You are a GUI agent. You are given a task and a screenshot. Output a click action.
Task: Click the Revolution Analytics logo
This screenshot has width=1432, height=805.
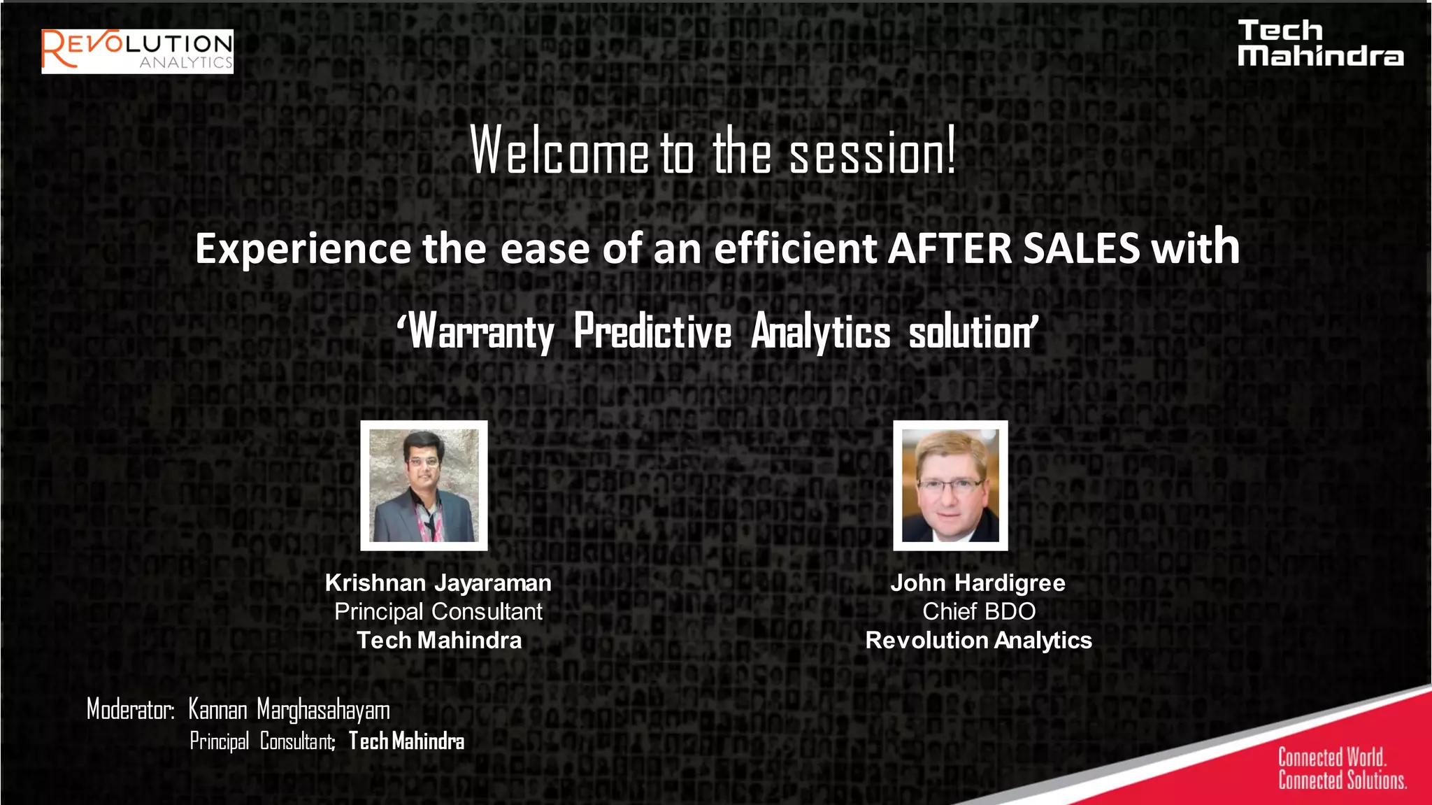[x=137, y=51]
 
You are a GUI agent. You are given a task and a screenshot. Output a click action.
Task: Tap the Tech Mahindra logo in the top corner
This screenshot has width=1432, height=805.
[x=1319, y=43]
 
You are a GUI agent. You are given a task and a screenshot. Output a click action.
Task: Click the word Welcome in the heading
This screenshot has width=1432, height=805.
[x=559, y=151]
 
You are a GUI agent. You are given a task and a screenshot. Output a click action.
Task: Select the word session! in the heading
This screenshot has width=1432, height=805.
[x=872, y=152]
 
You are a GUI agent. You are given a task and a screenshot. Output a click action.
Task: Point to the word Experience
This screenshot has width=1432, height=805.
[x=303, y=249]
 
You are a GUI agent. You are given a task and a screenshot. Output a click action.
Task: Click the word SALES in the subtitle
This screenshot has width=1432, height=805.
[x=1081, y=249]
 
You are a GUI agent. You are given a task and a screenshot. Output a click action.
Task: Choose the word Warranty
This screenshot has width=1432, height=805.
[x=482, y=332]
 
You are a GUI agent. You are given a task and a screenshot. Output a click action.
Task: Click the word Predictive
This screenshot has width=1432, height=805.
[x=652, y=332]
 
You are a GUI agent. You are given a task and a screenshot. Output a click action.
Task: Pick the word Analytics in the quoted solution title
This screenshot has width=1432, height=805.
[x=821, y=332]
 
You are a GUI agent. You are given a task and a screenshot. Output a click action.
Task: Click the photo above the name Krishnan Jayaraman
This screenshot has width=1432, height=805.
[x=424, y=485]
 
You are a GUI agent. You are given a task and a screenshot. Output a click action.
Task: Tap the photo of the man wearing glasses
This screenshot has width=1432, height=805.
[x=950, y=485]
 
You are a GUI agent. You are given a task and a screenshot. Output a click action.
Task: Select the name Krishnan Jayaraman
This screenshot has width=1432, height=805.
[x=438, y=583]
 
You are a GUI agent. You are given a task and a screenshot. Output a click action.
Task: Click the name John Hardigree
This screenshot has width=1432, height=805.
[x=978, y=583]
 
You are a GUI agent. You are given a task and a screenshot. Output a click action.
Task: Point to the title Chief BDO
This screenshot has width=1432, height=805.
[x=978, y=611]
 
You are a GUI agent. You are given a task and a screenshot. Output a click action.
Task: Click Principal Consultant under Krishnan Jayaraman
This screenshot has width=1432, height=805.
[x=438, y=611]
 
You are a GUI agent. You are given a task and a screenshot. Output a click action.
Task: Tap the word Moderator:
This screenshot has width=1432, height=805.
[x=130, y=709]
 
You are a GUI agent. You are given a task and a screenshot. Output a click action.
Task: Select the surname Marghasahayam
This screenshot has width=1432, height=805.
[x=323, y=710]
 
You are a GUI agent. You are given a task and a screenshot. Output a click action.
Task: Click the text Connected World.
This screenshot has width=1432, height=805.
[x=1331, y=757]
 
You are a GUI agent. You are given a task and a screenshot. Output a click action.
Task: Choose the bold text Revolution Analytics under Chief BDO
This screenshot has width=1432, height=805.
[x=978, y=640]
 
